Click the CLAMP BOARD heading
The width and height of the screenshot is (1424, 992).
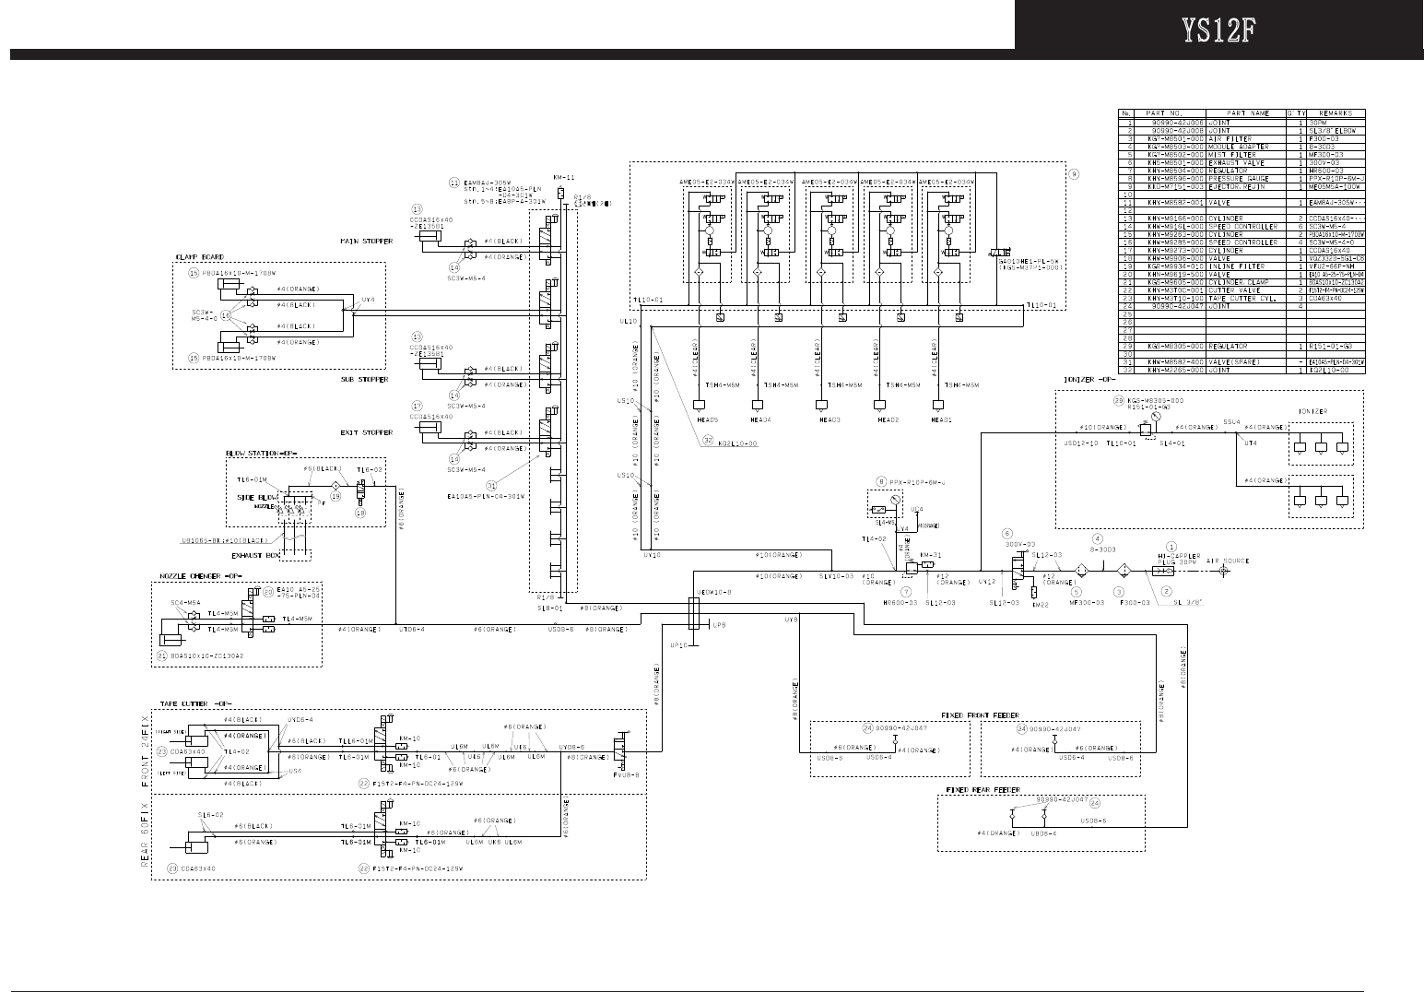click(199, 257)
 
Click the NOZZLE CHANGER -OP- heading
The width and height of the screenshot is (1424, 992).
click(195, 574)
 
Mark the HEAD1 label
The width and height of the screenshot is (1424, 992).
click(941, 419)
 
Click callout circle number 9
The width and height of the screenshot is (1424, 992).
click(1072, 173)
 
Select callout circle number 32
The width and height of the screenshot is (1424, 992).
click(707, 442)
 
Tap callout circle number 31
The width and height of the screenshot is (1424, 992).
click(492, 485)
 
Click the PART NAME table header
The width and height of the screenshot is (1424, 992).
click(1227, 113)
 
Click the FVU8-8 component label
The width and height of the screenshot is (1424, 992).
click(626, 775)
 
